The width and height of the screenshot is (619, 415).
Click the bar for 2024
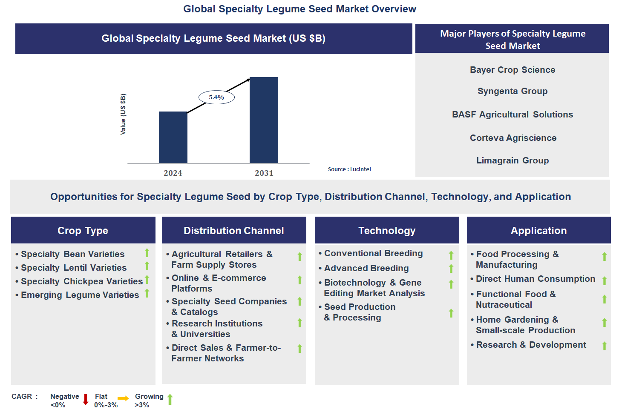pos(173,137)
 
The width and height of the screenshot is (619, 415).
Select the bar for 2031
pos(264,120)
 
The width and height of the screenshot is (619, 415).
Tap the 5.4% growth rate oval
pos(217,97)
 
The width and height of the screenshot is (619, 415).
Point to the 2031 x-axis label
pos(264,173)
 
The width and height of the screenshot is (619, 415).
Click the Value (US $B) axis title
pos(123,114)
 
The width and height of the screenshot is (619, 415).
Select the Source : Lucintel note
pos(349,169)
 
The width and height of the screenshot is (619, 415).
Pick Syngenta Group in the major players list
pos(512,91)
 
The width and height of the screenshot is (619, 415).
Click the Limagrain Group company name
pos(512,160)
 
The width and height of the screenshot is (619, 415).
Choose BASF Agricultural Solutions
pos(512,114)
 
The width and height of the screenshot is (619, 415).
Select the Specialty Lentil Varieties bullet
pos(71,268)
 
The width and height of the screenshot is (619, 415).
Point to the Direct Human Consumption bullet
pos(533,279)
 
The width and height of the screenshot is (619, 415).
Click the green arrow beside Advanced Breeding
pos(451,269)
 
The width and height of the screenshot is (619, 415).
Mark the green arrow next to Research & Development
pos(605,346)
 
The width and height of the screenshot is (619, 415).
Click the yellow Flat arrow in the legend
pos(123,398)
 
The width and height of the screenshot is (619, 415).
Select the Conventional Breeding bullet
pos(371,254)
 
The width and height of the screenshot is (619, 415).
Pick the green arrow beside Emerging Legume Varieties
pos(147,293)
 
